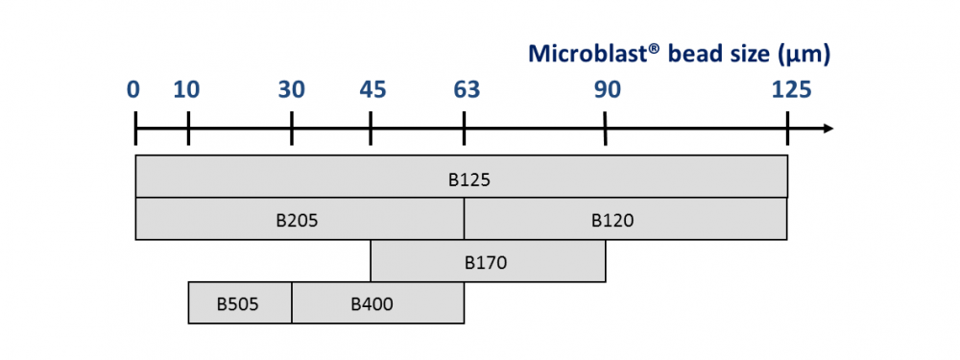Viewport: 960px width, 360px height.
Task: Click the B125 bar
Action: (x=462, y=177)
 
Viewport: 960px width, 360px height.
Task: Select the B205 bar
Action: (x=300, y=219)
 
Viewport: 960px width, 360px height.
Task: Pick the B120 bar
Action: (x=625, y=219)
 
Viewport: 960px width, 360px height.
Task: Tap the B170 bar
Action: (x=488, y=261)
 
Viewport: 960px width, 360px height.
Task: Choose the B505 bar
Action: (x=240, y=303)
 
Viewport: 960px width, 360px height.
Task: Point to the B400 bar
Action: (x=377, y=303)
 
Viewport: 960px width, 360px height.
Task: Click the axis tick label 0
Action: (x=133, y=90)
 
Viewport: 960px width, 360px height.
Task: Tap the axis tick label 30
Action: (x=292, y=90)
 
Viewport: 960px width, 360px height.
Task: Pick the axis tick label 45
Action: (x=372, y=90)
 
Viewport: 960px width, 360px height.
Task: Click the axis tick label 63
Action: (x=466, y=90)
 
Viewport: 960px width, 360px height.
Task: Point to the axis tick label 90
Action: (x=607, y=90)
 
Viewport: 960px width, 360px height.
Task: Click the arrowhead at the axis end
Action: (x=828, y=129)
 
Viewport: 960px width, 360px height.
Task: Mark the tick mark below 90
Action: (x=605, y=129)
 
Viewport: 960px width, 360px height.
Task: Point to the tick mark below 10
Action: (x=188, y=129)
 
